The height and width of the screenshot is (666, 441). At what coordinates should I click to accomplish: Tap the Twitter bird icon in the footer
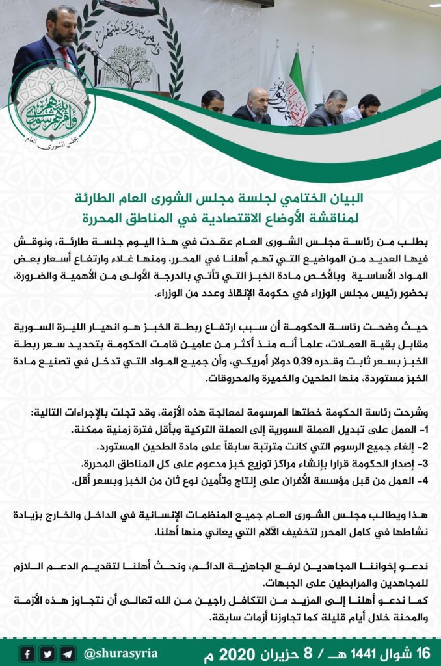(x=47, y=652)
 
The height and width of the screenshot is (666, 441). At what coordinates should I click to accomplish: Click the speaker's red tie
(x=65, y=59)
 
